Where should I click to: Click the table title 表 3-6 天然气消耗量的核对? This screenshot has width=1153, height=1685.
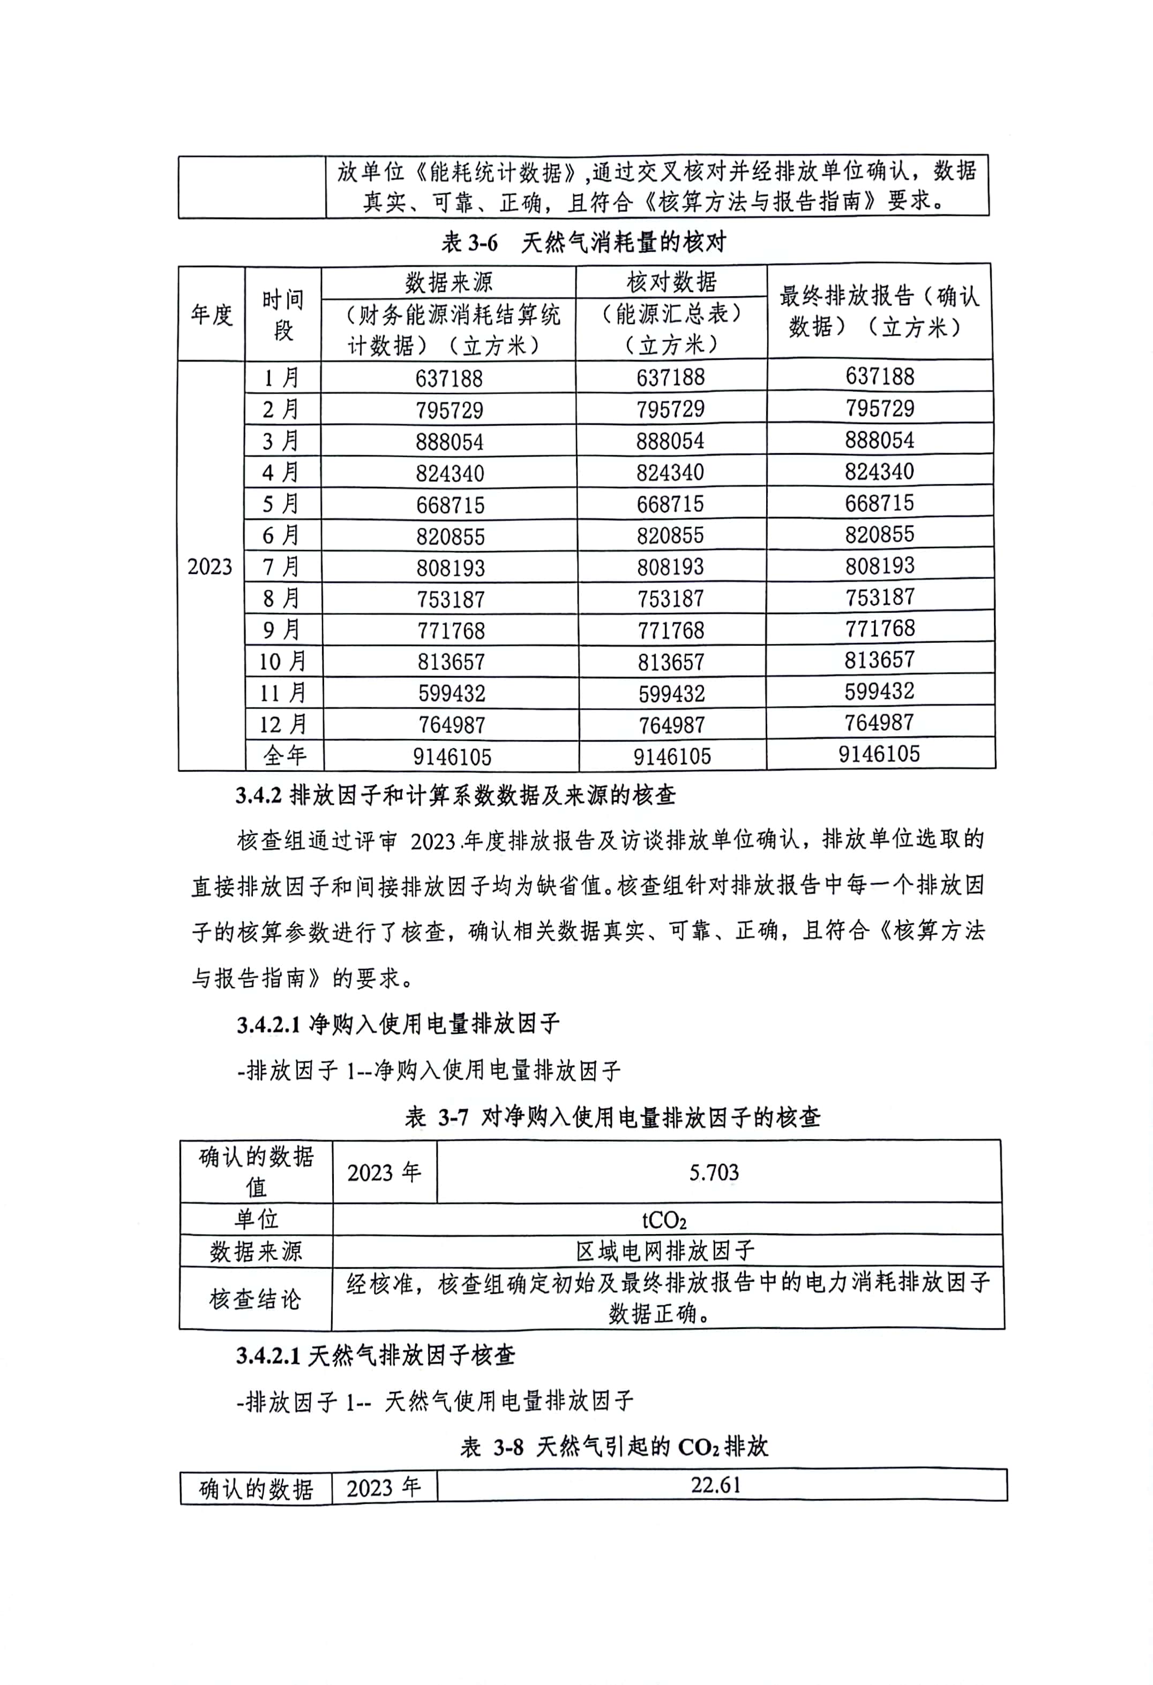(x=584, y=242)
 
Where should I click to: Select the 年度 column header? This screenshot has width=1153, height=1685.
(x=211, y=314)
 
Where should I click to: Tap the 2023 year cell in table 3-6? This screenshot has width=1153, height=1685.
(x=209, y=566)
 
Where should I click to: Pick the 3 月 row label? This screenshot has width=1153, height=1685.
(x=281, y=441)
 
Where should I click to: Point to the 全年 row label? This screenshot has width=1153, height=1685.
(x=284, y=756)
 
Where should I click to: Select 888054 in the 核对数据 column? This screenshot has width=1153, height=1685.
(x=670, y=441)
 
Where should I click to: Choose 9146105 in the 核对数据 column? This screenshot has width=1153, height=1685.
(x=671, y=756)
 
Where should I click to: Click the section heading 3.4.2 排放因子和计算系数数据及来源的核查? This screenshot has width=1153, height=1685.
(x=455, y=796)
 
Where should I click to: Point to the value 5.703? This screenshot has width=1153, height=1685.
(x=714, y=1172)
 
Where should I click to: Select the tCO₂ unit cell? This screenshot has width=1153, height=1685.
(x=664, y=1220)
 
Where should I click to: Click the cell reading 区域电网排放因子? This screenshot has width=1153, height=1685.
(x=665, y=1251)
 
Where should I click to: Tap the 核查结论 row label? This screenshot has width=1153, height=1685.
(x=254, y=1298)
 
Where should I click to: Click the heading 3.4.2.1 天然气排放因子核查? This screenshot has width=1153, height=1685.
(x=375, y=1355)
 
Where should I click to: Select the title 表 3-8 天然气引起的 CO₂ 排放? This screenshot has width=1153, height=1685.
(x=613, y=1447)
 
